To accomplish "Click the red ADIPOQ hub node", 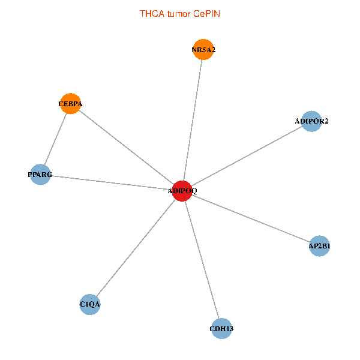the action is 182,191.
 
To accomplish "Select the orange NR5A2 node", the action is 203,49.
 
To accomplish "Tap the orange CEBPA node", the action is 70,104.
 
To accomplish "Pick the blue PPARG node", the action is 40,175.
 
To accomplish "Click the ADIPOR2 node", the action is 311,121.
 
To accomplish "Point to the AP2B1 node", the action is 319,246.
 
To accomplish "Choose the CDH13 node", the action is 221,329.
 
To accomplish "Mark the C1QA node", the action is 90,304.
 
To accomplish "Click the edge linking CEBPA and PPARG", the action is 56,139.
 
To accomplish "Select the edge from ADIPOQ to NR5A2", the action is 193,120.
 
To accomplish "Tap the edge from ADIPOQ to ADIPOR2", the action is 247,156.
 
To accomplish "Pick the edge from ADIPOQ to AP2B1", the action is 251,218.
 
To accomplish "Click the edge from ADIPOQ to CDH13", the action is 202,260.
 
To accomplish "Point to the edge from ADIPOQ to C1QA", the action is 136,248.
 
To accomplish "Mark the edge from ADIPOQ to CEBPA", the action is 126,147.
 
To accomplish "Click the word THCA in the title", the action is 152,14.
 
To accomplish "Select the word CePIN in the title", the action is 206,14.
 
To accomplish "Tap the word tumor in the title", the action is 179,14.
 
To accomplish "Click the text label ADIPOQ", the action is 182,191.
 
